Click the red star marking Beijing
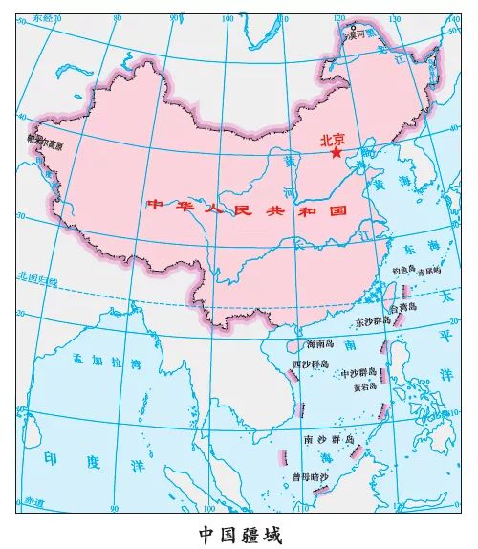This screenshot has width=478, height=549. [336, 151]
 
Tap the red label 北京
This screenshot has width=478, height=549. [333, 137]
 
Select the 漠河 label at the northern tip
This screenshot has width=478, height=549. [356, 33]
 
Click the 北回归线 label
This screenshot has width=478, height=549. [36, 277]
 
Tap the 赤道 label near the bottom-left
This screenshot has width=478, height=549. [34, 499]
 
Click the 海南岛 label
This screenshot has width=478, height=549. [319, 343]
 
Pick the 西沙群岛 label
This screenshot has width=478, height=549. [311, 363]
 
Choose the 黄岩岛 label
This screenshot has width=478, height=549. [365, 388]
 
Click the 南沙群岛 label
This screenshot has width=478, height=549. [328, 439]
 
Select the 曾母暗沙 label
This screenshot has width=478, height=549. [310, 475]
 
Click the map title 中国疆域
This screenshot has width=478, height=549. [240, 532]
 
